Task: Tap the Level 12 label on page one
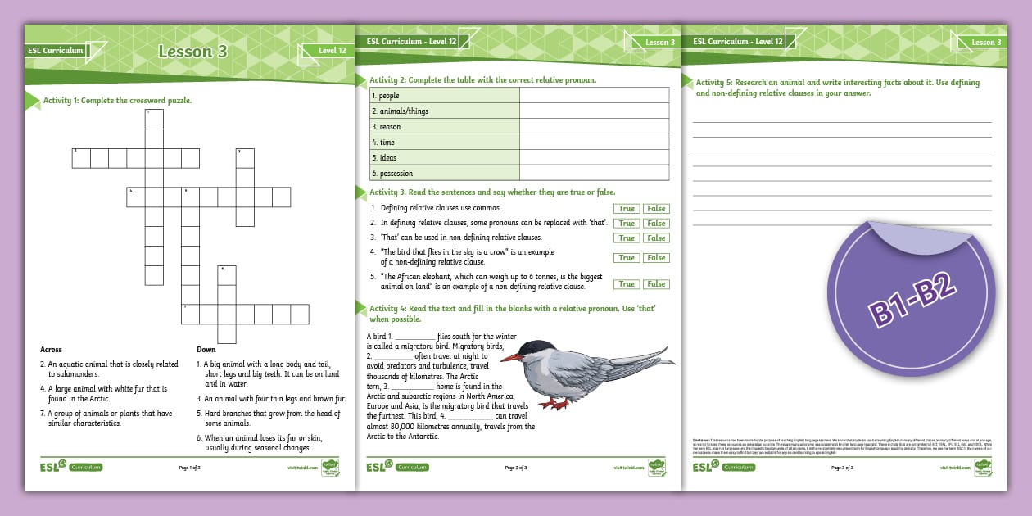[332, 51]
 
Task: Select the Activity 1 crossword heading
[117, 100]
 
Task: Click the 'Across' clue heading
[51, 349]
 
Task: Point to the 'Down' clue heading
[206, 349]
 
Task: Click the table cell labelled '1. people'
[384, 96]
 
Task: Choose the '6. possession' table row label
[392, 174]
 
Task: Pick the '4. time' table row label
[383, 143]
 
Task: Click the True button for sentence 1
[627, 209]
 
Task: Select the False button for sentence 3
[656, 238]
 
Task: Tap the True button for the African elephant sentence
[627, 284]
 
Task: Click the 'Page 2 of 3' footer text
[516, 468]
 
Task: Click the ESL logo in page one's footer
[51, 467]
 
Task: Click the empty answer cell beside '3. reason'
[594, 127]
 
